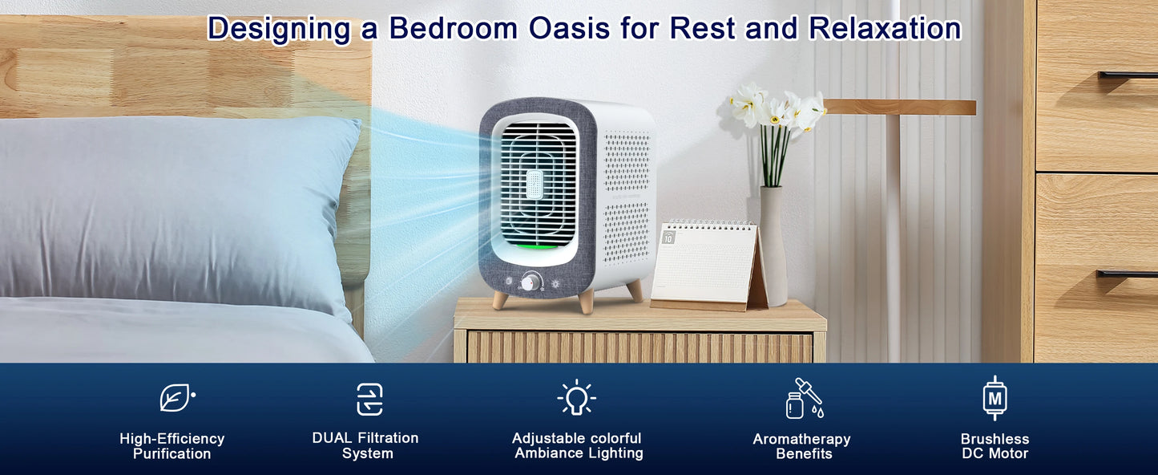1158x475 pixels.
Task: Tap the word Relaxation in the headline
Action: tap(885, 28)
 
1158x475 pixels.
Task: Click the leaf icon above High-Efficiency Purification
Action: tap(176, 398)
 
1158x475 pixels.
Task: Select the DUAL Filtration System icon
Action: tap(369, 399)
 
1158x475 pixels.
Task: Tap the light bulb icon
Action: tap(576, 398)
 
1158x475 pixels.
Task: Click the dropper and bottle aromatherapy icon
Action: tap(804, 399)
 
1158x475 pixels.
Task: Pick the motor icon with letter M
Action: tap(995, 398)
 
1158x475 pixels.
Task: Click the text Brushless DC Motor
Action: tap(995, 446)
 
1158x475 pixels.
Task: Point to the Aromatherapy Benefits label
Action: tap(801, 446)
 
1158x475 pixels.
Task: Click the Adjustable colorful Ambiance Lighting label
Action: tap(578, 445)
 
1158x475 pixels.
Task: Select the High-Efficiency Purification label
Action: tap(171, 446)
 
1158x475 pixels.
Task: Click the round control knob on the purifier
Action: tap(531, 282)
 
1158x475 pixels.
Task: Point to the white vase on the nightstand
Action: tap(773, 245)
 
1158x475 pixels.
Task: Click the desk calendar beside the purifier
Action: tap(705, 265)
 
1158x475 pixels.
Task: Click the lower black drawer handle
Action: tap(1127, 274)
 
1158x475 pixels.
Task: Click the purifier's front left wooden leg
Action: tap(501, 299)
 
